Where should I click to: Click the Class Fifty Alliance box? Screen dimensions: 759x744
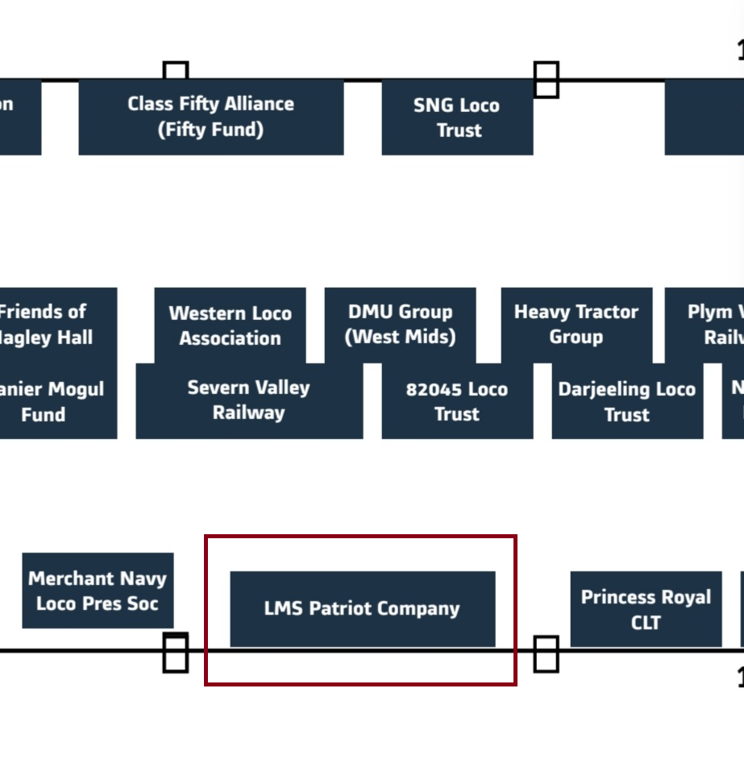click(210, 117)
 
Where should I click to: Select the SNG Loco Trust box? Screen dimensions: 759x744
click(457, 118)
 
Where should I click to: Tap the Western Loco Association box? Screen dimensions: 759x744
click(230, 326)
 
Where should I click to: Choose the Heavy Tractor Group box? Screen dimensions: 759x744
click(576, 324)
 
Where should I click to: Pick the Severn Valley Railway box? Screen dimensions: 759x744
click(248, 400)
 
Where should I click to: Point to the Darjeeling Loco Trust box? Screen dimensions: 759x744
click(626, 401)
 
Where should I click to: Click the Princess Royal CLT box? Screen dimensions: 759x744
click(646, 609)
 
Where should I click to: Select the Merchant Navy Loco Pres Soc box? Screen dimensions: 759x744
click(98, 591)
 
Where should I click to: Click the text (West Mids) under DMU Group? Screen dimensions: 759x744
click(400, 336)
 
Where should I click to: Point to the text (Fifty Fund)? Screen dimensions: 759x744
click(210, 130)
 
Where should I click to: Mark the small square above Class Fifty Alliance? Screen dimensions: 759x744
click(176, 71)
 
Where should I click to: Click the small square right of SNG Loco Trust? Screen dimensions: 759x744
click(546, 80)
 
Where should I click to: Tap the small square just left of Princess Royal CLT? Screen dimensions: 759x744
click(546, 653)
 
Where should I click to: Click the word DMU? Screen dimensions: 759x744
click(368, 312)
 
